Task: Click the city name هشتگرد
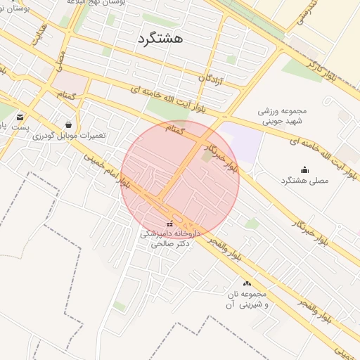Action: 160,38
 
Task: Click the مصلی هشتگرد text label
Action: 304,181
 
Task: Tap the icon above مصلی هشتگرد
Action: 304,169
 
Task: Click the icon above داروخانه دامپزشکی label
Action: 169,224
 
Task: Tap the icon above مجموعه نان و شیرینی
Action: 247,283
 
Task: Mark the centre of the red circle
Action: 180,180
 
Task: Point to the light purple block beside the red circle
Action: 244,143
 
